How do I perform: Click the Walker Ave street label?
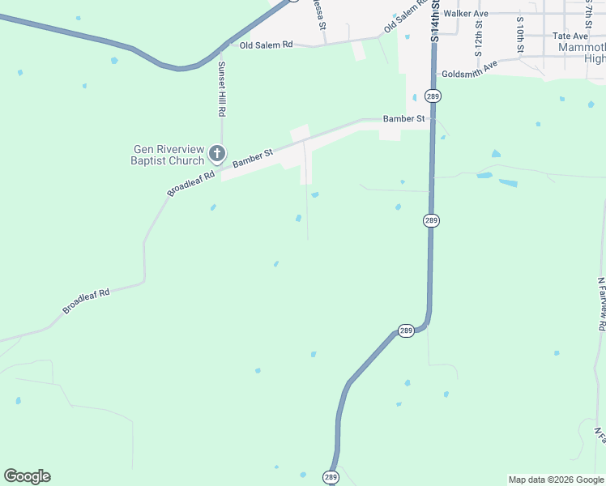pos(471,14)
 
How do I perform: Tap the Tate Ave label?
pos(570,36)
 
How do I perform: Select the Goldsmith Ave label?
pos(469,74)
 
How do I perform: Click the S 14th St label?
pos(435,20)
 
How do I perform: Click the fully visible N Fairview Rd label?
pos(601,304)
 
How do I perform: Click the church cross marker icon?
pos(216,152)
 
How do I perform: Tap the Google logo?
pos(27,476)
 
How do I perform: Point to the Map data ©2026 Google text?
pos(556,480)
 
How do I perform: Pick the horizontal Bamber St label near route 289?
pos(404,118)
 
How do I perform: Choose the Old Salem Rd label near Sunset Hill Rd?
pos(266,45)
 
